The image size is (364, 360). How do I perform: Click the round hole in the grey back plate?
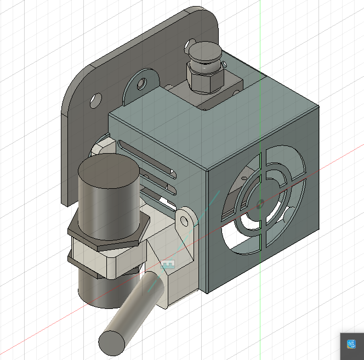click(x=95, y=100)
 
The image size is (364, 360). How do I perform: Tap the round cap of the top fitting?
click(x=204, y=53)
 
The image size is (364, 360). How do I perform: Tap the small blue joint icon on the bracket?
click(x=168, y=264)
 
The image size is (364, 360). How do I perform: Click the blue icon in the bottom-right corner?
click(x=351, y=345)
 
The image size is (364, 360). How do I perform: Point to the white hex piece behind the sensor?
click(x=103, y=148)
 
